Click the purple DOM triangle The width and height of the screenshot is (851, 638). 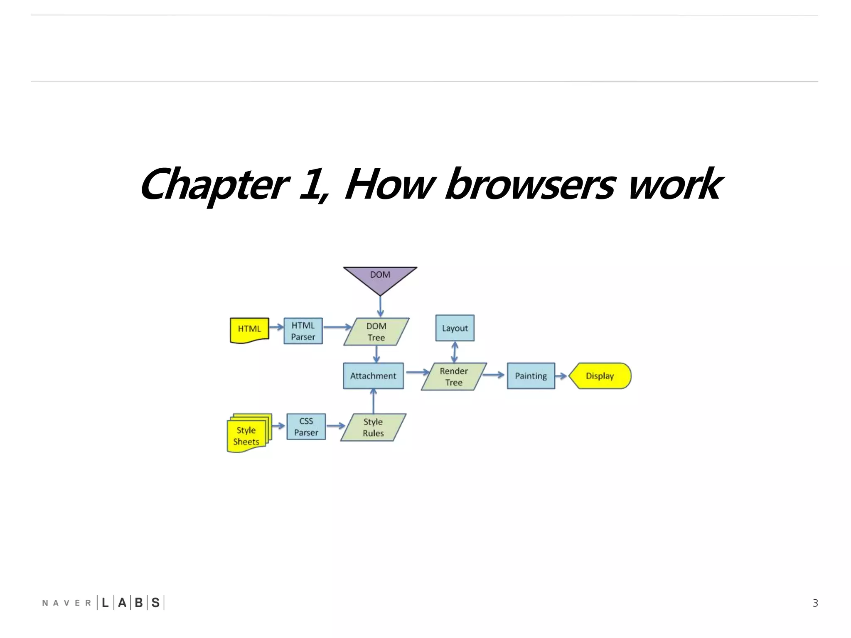pyautogui.click(x=380, y=277)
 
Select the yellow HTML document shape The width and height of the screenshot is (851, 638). pyautogui.click(x=249, y=330)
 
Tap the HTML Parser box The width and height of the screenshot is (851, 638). pyautogui.click(x=303, y=331)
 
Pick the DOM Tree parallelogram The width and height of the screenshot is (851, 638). pyautogui.click(x=376, y=332)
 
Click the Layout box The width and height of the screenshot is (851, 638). pyautogui.click(x=455, y=328)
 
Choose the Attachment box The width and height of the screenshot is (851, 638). pyautogui.click(x=373, y=376)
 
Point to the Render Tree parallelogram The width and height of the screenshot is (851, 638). pyautogui.click(x=453, y=377)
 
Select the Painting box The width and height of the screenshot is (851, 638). pyautogui.click(x=531, y=376)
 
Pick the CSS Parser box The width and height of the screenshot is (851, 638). pyautogui.click(x=306, y=427)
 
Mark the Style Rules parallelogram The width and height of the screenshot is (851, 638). pyautogui.click(x=373, y=427)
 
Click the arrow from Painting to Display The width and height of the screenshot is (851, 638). pyautogui.click(x=561, y=376)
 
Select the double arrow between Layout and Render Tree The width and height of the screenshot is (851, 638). pyautogui.click(x=455, y=352)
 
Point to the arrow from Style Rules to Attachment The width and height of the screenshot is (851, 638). pyautogui.click(x=373, y=401)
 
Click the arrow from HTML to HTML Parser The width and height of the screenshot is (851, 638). pyautogui.click(x=276, y=327)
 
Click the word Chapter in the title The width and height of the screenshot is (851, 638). pyautogui.click(x=214, y=185)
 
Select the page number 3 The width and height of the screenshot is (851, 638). pyautogui.click(x=815, y=603)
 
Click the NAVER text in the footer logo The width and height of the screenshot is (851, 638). pyautogui.click(x=66, y=603)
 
